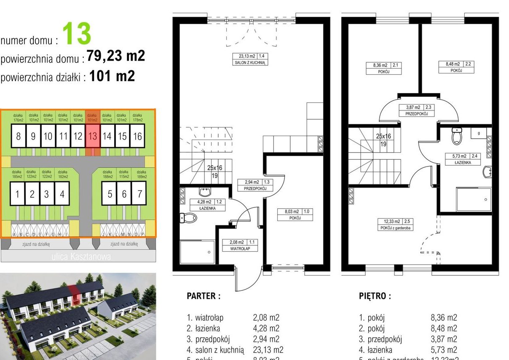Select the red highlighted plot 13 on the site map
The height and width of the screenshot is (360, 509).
(93, 136)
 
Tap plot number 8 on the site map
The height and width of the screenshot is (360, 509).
(18, 136)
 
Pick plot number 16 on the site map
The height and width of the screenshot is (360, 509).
(137, 136)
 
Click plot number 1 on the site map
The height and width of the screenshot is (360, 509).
(17, 194)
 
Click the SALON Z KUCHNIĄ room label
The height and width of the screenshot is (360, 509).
(250, 62)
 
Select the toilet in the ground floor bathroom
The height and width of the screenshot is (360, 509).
(188, 218)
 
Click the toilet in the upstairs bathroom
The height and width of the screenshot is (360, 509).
(457, 136)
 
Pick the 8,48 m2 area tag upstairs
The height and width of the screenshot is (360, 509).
(450, 64)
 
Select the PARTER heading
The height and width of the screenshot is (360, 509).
(204, 296)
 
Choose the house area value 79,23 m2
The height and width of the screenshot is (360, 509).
(116, 56)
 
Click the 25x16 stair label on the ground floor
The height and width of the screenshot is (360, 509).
(214, 168)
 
